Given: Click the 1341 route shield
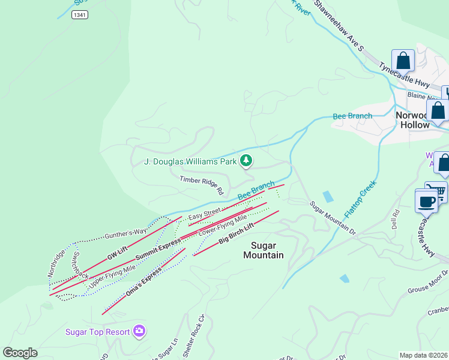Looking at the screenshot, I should [x=79, y=14].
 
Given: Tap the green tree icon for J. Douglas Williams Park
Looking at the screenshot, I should [x=246, y=161].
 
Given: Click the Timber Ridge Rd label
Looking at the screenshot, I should [x=201, y=185].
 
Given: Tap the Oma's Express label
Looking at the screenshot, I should [x=143, y=283].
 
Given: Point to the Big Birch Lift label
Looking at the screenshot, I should [x=236, y=232].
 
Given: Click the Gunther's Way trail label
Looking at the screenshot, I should [x=125, y=233].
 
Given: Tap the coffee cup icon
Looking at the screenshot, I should [x=427, y=202].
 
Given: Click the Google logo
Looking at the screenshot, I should [x=20, y=353].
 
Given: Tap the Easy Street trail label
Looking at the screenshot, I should [x=204, y=214].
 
